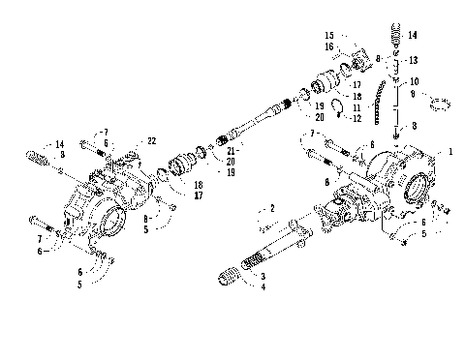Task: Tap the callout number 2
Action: tap(273, 208)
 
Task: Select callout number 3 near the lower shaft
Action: tap(262, 277)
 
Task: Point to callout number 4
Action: tap(262, 287)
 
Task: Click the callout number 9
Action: tap(413, 95)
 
